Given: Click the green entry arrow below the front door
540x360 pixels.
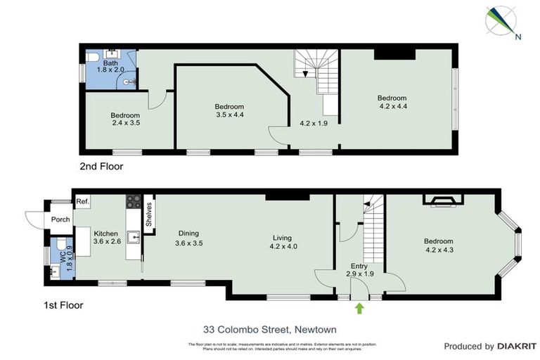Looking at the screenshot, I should coord(360,307).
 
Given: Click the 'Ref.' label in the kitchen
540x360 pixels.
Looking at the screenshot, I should coord(82,201).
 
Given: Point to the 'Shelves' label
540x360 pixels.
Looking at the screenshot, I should coord(148,214).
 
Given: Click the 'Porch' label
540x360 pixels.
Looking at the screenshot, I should coord(60,219).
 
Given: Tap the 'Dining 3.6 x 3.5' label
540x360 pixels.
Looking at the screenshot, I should coord(188,238).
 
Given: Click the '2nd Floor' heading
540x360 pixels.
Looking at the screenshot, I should coord(102,167).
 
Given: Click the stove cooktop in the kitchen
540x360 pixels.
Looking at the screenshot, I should coord(134,201).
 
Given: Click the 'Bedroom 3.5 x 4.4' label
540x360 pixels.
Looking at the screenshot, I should coord(229,110).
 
